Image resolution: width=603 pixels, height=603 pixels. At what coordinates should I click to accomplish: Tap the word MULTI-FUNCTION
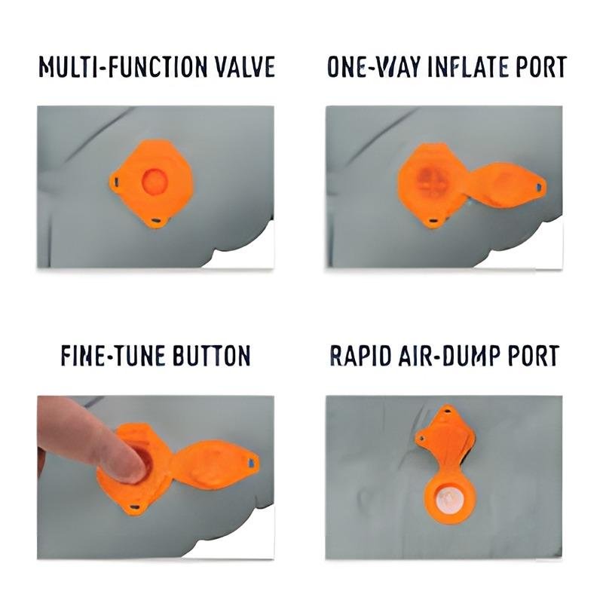point(123,66)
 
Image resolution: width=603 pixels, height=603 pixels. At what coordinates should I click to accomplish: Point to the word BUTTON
point(211,356)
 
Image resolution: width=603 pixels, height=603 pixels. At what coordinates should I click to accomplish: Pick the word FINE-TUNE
point(113,356)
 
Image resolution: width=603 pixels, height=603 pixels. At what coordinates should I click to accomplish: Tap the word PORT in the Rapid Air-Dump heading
point(534,356)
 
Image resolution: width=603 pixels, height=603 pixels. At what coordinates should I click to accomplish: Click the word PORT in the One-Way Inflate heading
point(541,66)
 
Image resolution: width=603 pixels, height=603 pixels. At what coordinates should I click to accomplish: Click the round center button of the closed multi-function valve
point(155,181)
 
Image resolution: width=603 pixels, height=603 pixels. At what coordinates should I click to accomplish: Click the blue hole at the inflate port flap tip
point(539,187)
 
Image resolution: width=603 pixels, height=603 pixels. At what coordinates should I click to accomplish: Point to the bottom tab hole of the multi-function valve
point(157,220)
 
